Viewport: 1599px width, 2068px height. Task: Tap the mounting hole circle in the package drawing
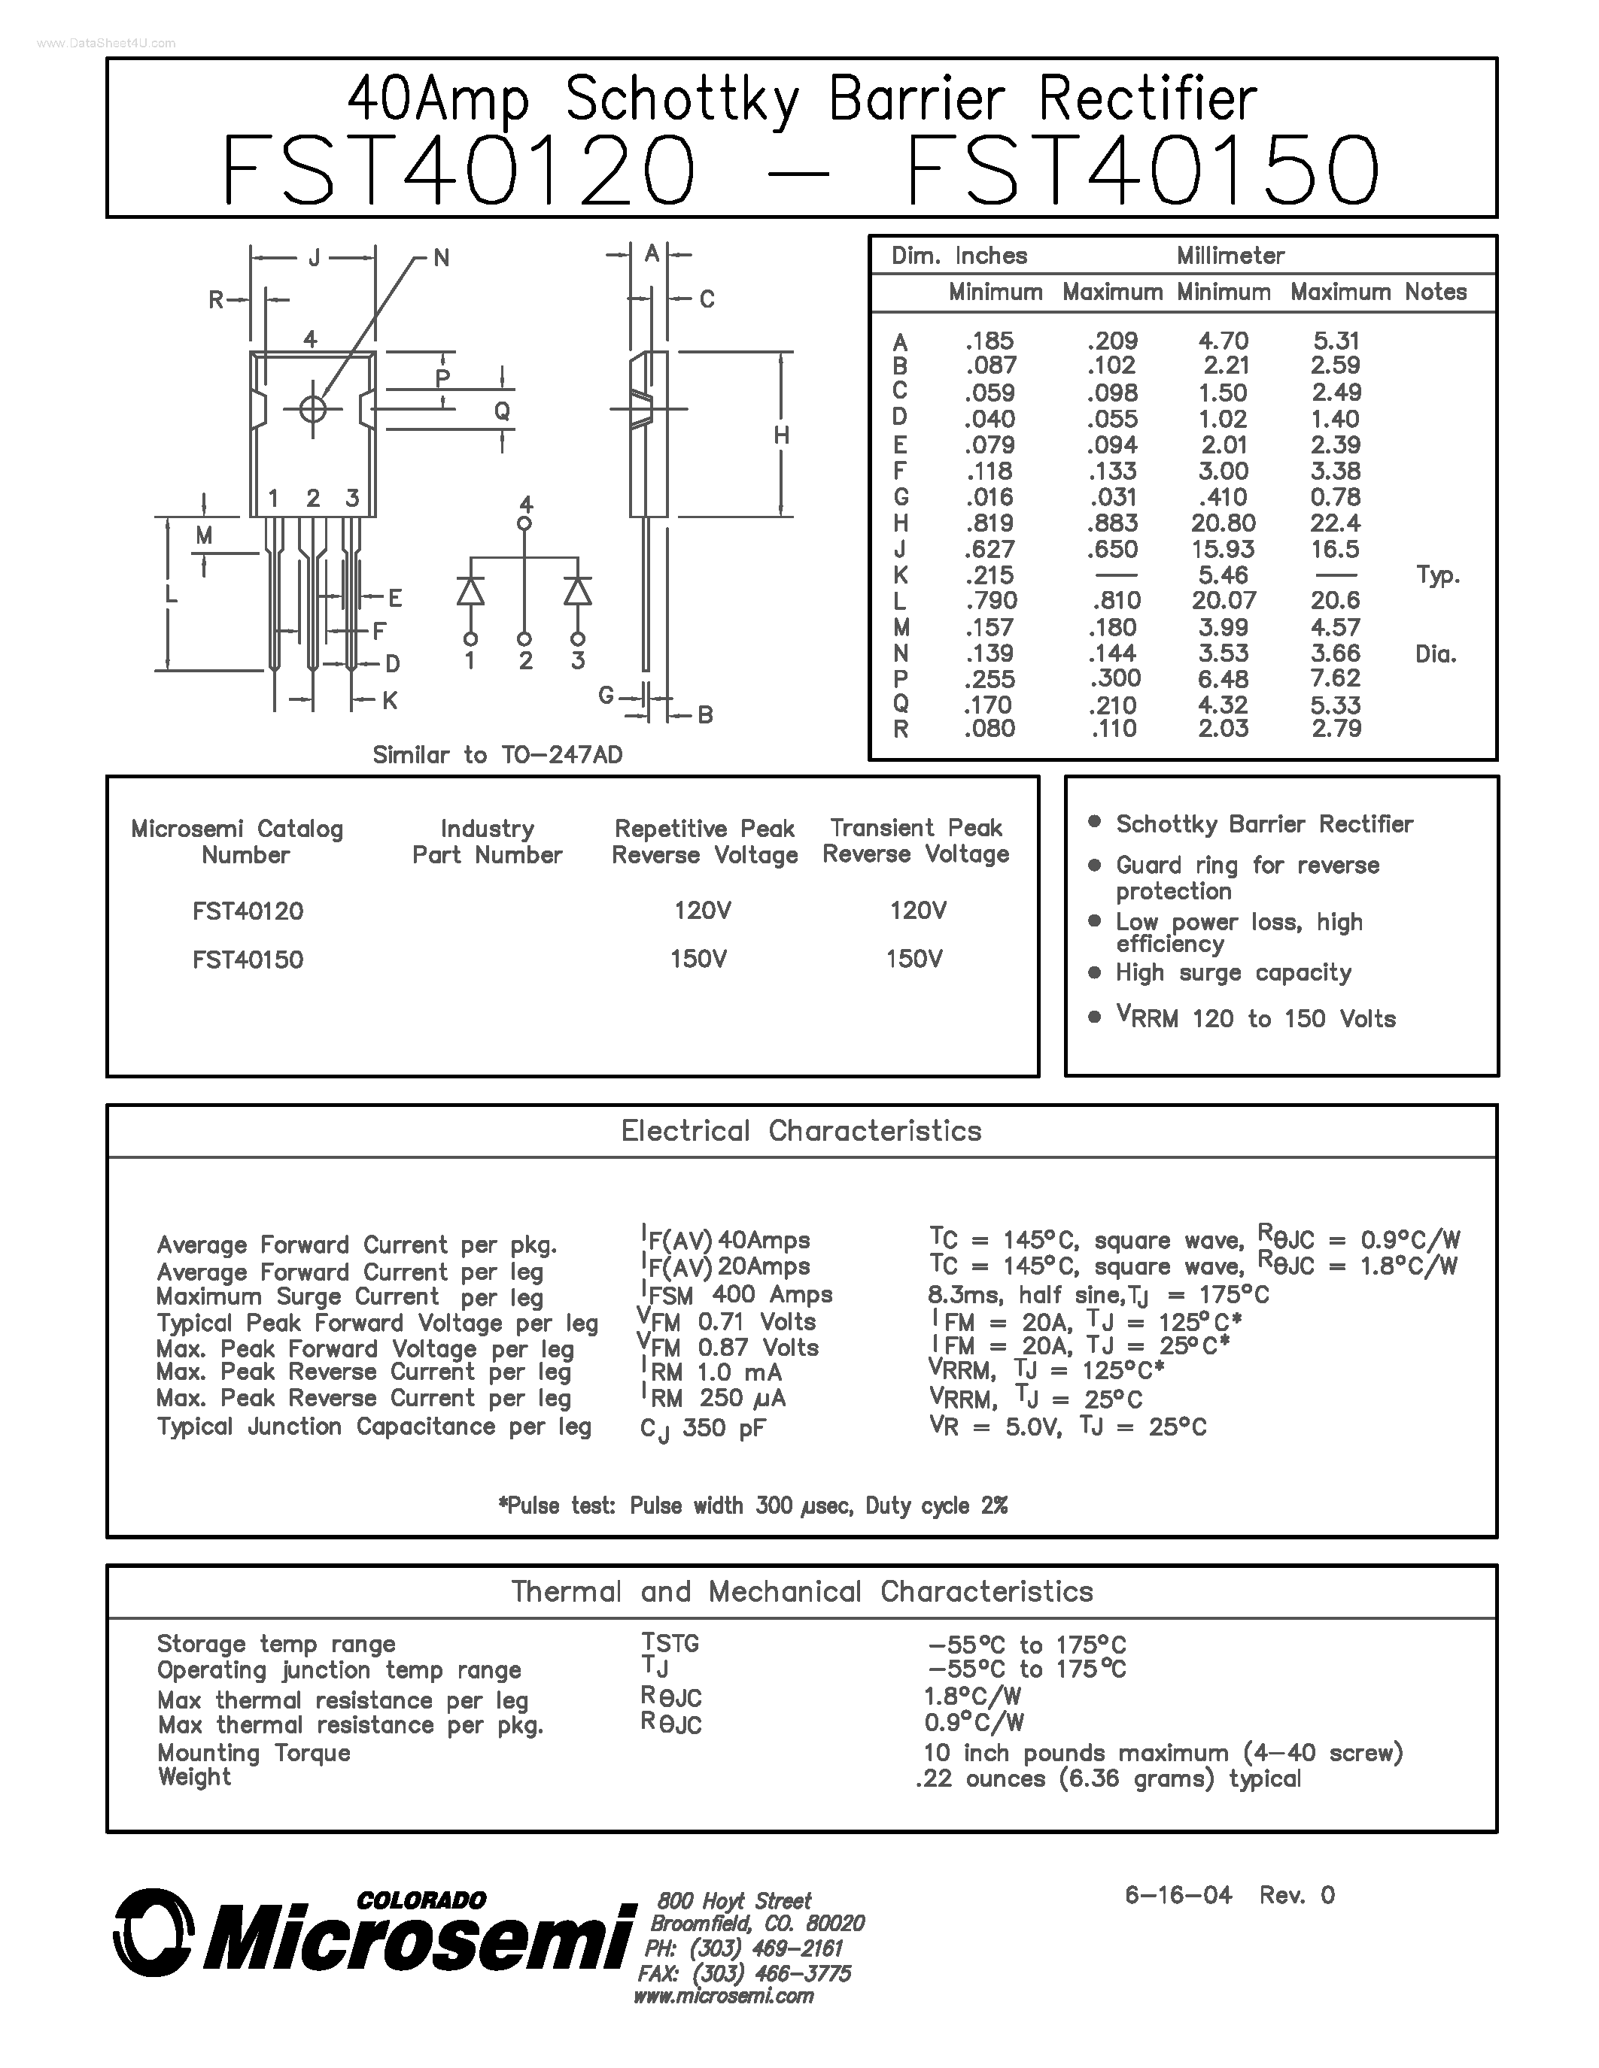point(312,409)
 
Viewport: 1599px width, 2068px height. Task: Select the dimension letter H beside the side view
point(782,435)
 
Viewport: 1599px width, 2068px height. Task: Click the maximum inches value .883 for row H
point(1113,523)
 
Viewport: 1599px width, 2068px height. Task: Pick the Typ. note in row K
point(1437,575)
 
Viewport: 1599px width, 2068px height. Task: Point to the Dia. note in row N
point(1435,653)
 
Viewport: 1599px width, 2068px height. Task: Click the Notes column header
point(1435,292)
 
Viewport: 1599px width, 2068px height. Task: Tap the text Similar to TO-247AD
point(497,755)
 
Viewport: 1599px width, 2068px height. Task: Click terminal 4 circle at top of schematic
point(524,523)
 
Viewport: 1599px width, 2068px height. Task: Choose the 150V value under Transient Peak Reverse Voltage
point(913,960)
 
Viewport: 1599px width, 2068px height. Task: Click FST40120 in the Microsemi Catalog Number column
point(248,911)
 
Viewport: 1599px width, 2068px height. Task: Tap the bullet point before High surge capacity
point(1095,972)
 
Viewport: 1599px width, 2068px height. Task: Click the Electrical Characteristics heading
point(801,1130)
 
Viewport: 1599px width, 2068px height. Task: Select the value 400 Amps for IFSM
point(772,1294)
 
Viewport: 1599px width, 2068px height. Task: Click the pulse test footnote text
point(753,1506)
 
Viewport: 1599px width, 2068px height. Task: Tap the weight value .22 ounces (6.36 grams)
point(1108,1778)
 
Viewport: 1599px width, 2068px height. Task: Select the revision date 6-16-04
point(1178,1895)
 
